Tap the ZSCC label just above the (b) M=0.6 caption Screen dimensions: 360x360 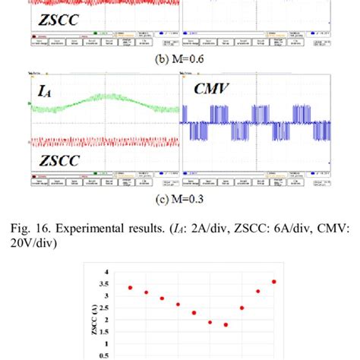coord(59,21)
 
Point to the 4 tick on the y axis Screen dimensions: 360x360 coord(107,272)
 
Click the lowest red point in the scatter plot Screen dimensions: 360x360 coord(226,324)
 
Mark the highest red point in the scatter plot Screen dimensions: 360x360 coord(274,282)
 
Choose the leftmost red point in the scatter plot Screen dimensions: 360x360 coord(130,288)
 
